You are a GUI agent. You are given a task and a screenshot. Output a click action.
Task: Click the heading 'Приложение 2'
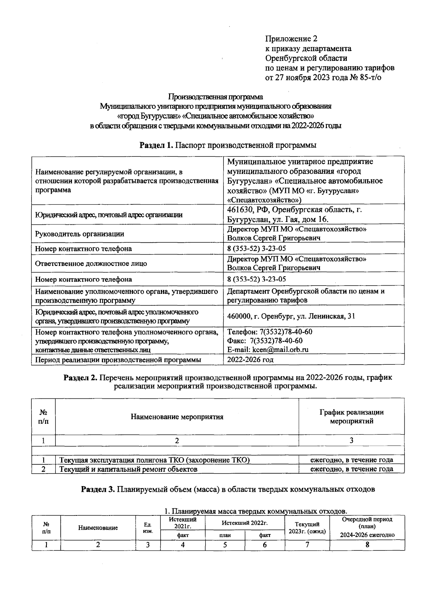point(291,39)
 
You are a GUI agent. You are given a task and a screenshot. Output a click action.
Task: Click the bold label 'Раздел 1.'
point(157,145)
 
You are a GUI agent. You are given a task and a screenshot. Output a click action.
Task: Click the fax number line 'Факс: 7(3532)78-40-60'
point(265,340)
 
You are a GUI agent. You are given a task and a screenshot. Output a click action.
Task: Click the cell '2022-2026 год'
point(250,360)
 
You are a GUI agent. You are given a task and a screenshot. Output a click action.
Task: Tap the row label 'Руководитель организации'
point(79,234)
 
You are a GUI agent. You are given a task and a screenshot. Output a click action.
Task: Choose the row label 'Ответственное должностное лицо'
point(91,264)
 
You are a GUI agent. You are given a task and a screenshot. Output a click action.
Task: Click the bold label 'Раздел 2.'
point(80,378)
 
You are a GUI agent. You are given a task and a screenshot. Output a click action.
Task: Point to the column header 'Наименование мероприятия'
point(177,417)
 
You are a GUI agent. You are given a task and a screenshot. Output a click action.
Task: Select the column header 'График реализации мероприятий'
point(351,417)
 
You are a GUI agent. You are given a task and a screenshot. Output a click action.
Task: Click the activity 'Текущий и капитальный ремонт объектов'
point(128,469)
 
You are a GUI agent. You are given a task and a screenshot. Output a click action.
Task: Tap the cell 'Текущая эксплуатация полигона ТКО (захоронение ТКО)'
point(154,460)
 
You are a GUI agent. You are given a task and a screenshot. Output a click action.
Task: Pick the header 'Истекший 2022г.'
point(245,523)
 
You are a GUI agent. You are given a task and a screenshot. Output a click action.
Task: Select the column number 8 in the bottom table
point(367,545)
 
